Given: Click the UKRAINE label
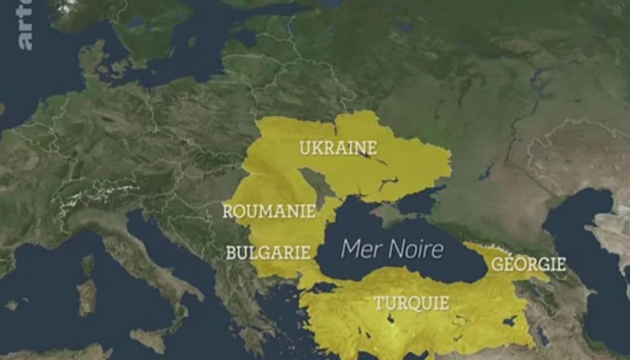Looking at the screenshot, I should (x=338, y=147).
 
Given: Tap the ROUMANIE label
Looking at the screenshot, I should (x=269, y=211).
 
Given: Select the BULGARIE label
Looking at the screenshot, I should (x=268, y=252).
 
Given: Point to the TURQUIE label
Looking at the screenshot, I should (x=411, y=303).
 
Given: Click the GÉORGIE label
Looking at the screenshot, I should (x=528, y=263).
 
